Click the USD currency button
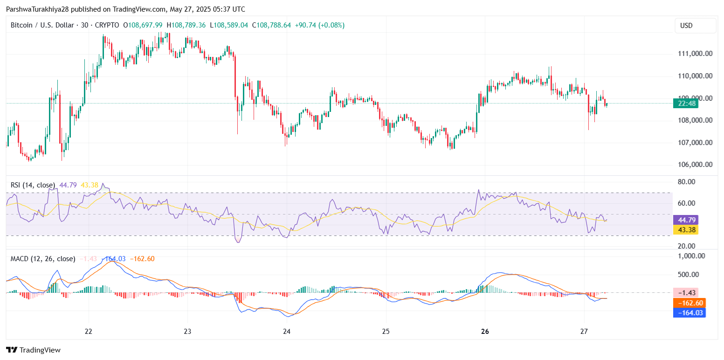[695, 26]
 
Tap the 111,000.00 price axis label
[695, 54]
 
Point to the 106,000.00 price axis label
[695, 165]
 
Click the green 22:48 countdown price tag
[685, 104]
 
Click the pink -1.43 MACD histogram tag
[688, 293]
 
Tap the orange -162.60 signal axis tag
[688, 303]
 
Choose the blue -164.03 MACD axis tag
[688, 312]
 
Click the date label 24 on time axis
[287, 332]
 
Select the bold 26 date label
[485, 332]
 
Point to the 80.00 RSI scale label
[686, 182]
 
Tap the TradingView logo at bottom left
[33, 350]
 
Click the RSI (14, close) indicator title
[33, 185]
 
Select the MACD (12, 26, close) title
[43, 259]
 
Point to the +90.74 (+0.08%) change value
[320, 25]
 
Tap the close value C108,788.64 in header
[271, 25]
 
